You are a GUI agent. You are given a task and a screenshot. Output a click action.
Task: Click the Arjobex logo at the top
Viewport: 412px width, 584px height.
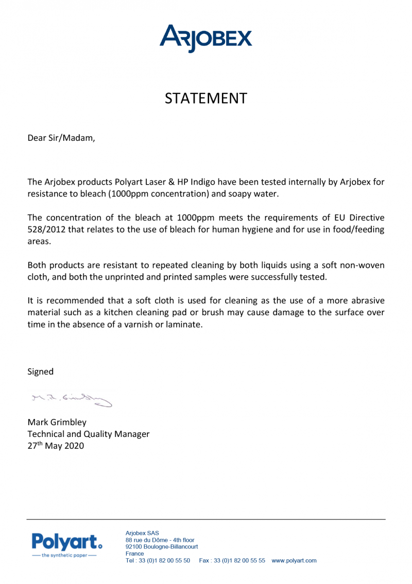(206, 38)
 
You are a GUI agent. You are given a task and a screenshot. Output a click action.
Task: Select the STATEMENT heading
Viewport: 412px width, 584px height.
(206, 99)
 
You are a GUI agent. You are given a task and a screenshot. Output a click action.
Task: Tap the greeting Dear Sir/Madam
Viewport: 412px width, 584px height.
(61, 138)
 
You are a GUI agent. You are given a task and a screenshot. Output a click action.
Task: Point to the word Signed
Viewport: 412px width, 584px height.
(40, 371)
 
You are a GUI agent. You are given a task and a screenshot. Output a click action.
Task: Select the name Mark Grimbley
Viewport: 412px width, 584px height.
(57, 422)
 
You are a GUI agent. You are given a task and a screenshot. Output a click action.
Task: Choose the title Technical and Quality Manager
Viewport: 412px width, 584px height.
(88, 434)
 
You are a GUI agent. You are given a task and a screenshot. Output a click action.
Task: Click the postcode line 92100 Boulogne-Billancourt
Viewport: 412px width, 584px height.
(161, 546)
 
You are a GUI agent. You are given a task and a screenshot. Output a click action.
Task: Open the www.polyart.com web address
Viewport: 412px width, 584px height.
(294, 560)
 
